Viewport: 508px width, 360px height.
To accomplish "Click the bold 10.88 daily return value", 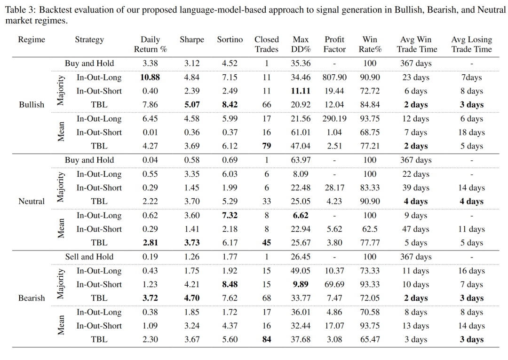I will (151, 77).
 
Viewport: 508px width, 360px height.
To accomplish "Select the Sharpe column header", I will (192, 40).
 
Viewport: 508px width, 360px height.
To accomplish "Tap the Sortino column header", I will (230, 40).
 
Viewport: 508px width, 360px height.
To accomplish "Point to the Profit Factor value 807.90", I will (335, 77).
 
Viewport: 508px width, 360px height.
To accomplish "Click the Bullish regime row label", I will (32, 105).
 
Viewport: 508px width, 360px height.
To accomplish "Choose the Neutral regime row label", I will (32, 202).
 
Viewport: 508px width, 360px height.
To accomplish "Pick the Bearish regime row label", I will (32, 298).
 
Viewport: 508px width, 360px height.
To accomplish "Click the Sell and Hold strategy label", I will (89, 257).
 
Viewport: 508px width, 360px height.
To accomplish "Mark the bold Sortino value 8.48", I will (230, 284).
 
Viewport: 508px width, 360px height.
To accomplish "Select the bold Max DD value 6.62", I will (301, 215).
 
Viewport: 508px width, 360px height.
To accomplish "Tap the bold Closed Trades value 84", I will (267, 339).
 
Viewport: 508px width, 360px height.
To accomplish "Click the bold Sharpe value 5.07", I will (192, 105).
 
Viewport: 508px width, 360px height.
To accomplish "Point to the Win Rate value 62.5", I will (370, 229).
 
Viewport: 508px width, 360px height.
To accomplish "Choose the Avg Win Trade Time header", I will (417, 45).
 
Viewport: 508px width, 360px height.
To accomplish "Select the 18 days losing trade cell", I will (471, 133).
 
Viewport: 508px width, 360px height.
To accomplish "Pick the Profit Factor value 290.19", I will (335, 119).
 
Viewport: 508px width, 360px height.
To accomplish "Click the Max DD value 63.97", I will (301, 160).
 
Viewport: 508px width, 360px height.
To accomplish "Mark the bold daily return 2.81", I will (151, 243).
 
